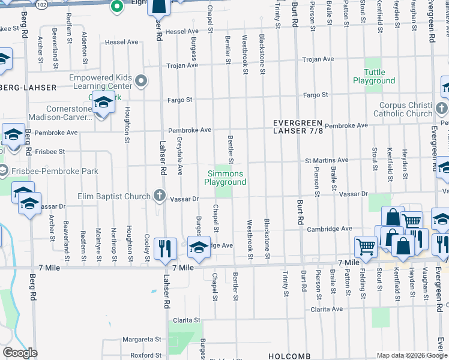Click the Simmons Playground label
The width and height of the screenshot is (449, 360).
tap(225, 178)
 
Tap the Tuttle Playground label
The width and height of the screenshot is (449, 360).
tap(373, 76)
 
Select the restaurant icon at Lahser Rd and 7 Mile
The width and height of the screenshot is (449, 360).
tap(164, 248)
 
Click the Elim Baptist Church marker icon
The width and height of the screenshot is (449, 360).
tap(159, 196)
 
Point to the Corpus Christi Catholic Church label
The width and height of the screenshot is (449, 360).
tap(403, 109)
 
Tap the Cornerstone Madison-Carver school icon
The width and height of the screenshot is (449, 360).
tap(103, 103)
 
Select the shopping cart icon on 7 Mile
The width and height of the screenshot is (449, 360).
tap(365, 245)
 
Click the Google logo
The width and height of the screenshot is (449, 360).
tap(20, 353)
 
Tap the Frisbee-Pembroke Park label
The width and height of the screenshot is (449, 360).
tap(53, 171)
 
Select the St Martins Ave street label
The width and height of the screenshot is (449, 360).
tap(326, 160)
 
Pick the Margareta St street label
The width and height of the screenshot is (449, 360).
tap(143, 339)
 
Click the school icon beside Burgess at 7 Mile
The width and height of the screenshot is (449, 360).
tap(199, 247)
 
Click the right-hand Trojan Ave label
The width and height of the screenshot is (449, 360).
tap(318, 59)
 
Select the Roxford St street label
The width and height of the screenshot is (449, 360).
tap(146, 355)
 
